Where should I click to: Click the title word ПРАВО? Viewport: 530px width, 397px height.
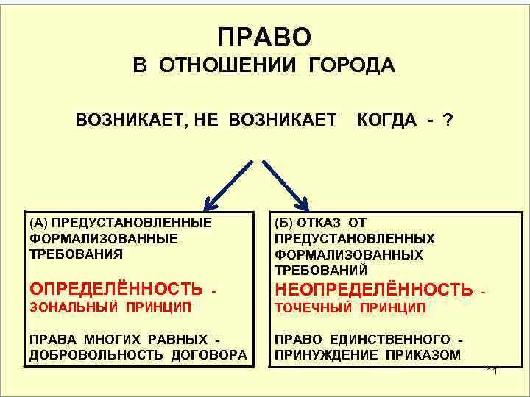[265, 36]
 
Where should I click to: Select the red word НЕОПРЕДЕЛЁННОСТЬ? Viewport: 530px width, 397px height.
[373, 289]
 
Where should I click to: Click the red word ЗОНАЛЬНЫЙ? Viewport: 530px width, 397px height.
[68, 307]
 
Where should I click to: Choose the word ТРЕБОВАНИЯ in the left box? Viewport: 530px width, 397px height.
[76, 254]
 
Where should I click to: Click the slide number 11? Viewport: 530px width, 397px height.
[492, 371]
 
